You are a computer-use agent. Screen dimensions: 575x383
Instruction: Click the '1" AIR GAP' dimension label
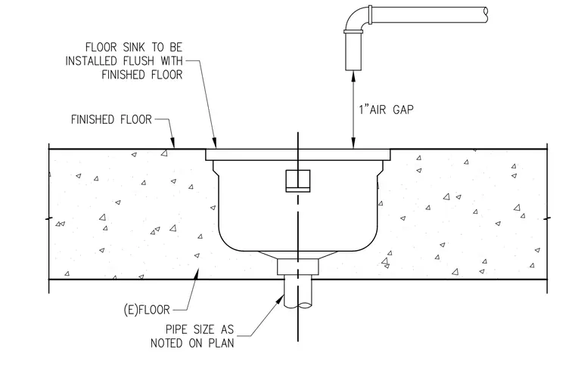click(386, 110)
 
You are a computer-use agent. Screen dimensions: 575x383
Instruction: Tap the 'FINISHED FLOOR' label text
click(111, 119)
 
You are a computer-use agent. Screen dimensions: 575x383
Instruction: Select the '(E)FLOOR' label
click(147, 310)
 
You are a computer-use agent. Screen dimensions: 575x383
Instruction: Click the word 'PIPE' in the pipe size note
click(178, 329)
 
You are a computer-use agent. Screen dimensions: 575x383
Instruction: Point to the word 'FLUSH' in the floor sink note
click(137, 60)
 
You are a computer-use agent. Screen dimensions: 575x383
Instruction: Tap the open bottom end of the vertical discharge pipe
click(353, 69)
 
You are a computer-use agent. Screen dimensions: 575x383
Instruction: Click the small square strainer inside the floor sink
click(298, 181)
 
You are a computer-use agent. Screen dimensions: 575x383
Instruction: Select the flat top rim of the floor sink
click(298, 155)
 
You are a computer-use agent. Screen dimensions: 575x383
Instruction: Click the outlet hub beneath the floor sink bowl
click(298, 267)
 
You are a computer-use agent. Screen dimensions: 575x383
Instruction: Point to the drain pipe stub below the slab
click(298, 293)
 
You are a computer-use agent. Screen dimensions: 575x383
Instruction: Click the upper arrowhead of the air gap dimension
click(353, 76)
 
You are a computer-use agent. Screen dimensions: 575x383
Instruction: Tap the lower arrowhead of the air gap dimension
click(353, 144)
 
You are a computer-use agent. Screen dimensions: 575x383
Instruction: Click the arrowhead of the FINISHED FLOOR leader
click(173, 144)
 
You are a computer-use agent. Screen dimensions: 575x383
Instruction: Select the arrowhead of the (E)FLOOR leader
click(197, 274)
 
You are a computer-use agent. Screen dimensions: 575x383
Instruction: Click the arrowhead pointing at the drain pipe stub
click(281, 298)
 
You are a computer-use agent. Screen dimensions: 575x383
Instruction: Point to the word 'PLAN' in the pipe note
click(221, 343)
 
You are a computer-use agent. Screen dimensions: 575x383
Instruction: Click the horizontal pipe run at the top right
click(430, 15)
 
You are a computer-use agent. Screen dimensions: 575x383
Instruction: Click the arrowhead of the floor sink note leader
click(215, 144)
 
